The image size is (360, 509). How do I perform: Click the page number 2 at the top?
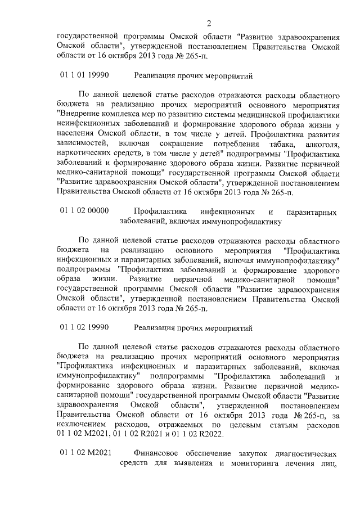[x=208, y=23]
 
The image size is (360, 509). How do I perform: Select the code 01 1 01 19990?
[x=84, y=75]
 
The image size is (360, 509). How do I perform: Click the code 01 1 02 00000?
[x=84, y=211]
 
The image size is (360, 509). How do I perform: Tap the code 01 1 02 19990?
[x=84, y=327]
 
